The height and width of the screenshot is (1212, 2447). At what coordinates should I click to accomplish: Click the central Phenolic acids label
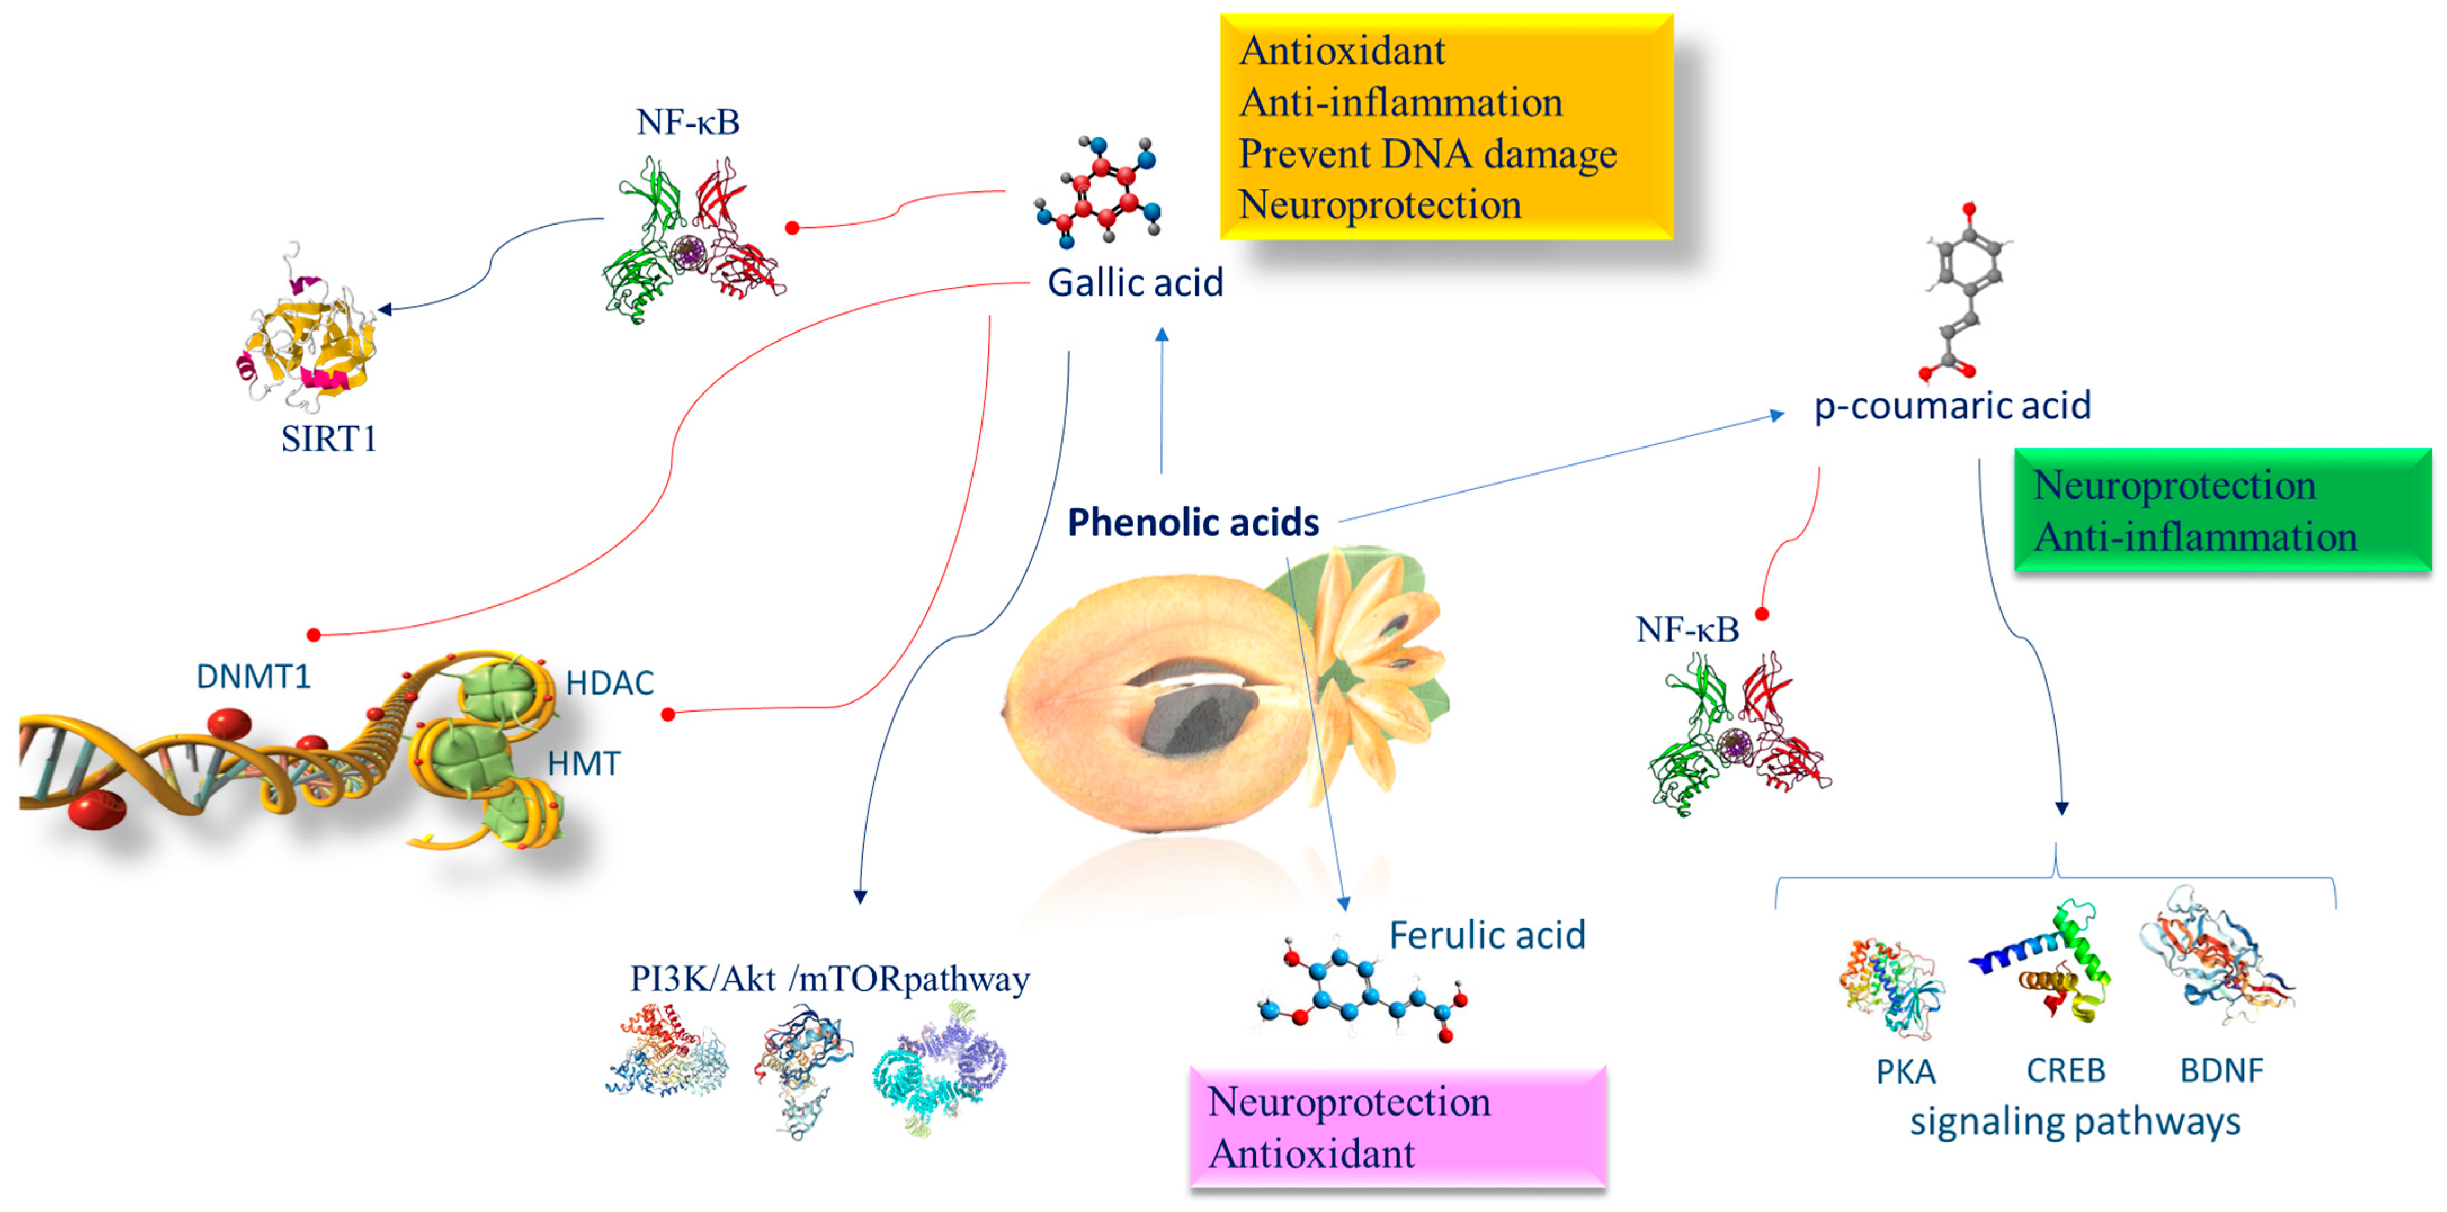tap(1193, 522)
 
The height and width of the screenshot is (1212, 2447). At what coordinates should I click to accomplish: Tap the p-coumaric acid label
tap(1952, 405)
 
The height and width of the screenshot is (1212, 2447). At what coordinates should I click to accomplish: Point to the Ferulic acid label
tap(1486, 936)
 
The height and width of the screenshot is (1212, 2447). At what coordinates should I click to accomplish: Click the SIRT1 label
tap(329, 439)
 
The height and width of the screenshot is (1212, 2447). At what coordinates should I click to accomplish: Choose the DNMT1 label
tap(253, 676)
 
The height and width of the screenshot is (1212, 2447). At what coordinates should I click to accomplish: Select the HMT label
tap(583, 764)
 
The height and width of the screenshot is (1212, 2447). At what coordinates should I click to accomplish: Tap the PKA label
tap(1905, 1071)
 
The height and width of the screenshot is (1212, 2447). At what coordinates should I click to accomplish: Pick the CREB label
tap(2065, 1071)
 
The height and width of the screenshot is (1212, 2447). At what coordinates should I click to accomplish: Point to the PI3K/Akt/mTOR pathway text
tap(829, 980)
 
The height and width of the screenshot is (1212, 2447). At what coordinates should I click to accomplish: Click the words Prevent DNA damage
tap(1427, 154)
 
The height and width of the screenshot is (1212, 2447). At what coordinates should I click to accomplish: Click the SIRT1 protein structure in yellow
tap(309, 337)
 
